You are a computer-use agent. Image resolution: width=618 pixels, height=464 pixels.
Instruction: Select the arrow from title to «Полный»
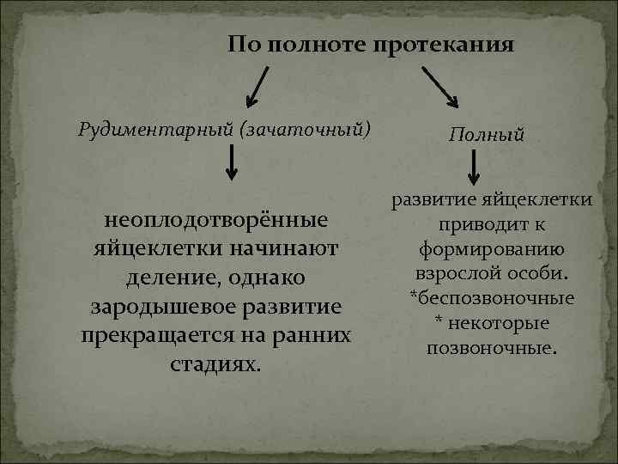(x=440, y=85)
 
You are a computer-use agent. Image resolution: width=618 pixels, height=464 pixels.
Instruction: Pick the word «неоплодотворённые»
(x=216, y=220)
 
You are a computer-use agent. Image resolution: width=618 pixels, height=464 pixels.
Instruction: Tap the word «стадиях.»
(x=215, y=364)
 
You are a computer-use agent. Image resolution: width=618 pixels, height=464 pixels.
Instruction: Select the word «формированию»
(x=491, y=251)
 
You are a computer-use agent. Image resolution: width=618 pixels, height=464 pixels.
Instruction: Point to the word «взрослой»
(x=455, y=275)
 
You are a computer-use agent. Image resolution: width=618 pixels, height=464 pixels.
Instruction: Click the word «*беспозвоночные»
(x=491, y=299)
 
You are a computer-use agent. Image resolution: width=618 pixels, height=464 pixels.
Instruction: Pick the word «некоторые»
(x=499, y=324)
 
